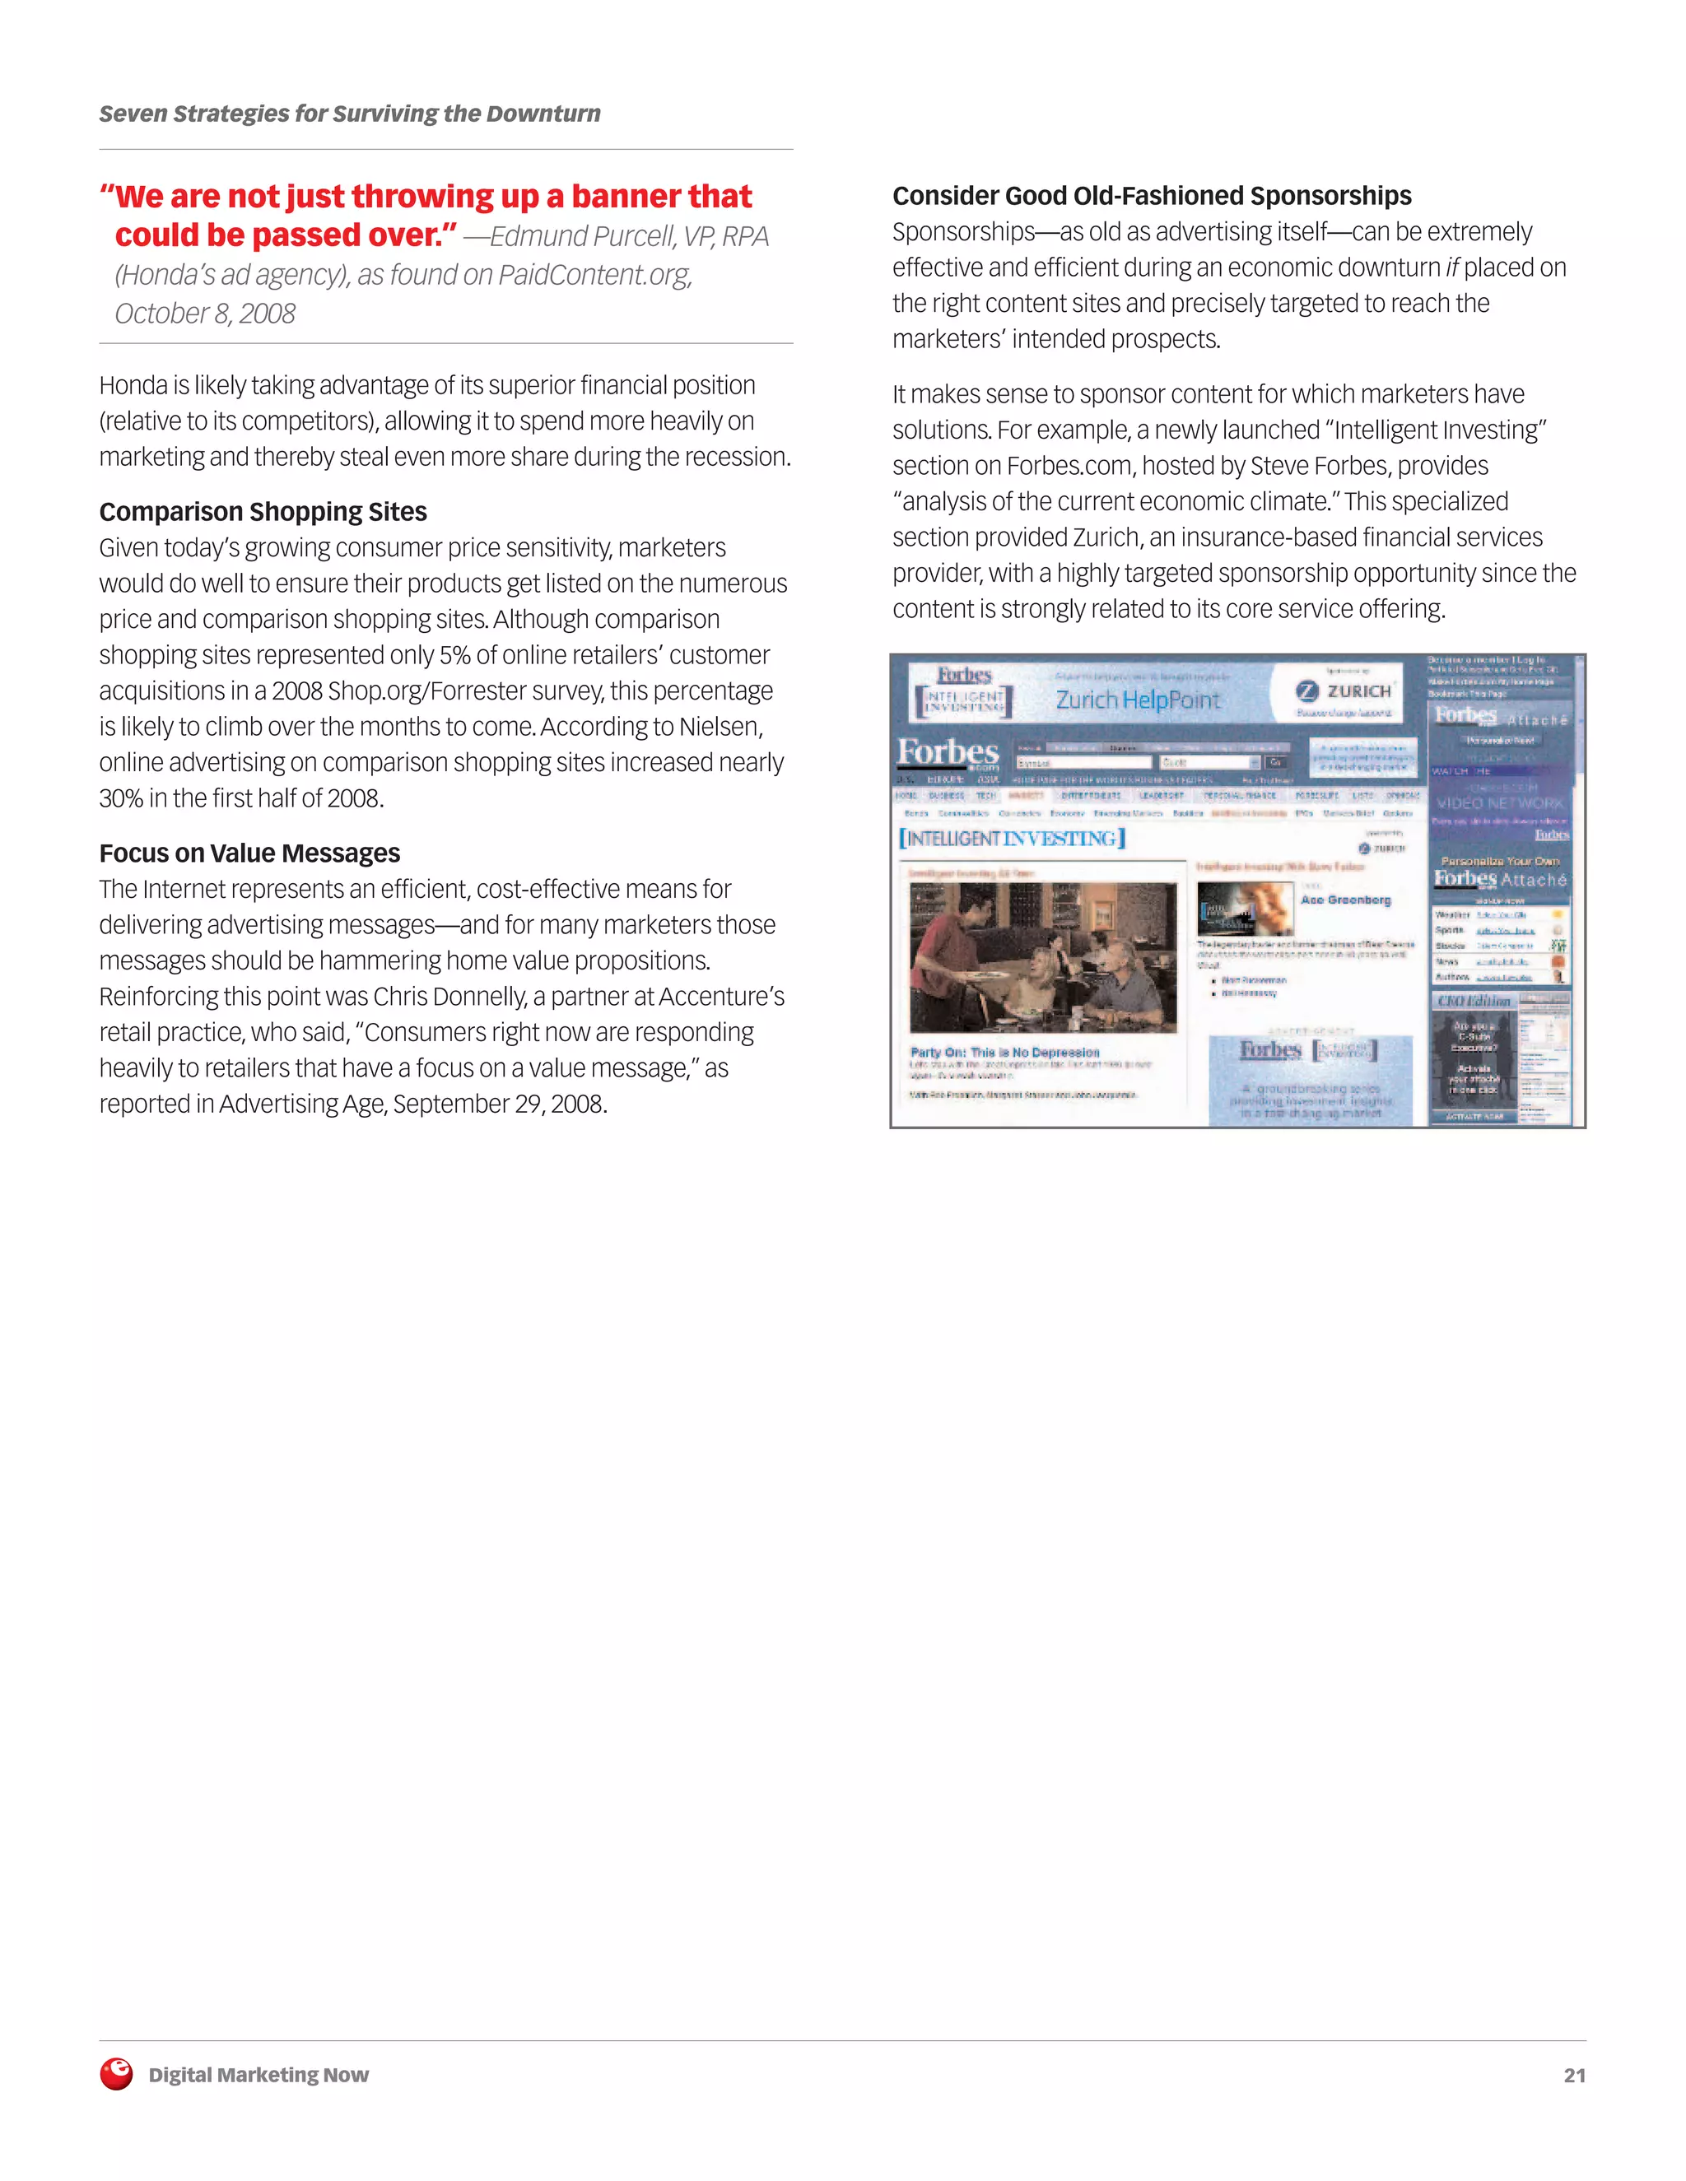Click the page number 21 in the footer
[1573, 2075]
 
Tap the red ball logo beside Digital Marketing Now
[116, 2074]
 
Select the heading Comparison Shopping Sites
[263, 511]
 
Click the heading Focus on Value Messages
[249, 853]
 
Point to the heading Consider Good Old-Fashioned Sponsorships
[1151, 196]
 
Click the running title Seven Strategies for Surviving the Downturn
[350, 114]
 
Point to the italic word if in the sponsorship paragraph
[1451, 267]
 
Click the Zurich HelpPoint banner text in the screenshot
[1138, 700]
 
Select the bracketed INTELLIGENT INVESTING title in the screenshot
[1012, 838]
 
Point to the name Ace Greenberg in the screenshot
[1344, 900]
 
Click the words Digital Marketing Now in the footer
[258, 2075]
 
